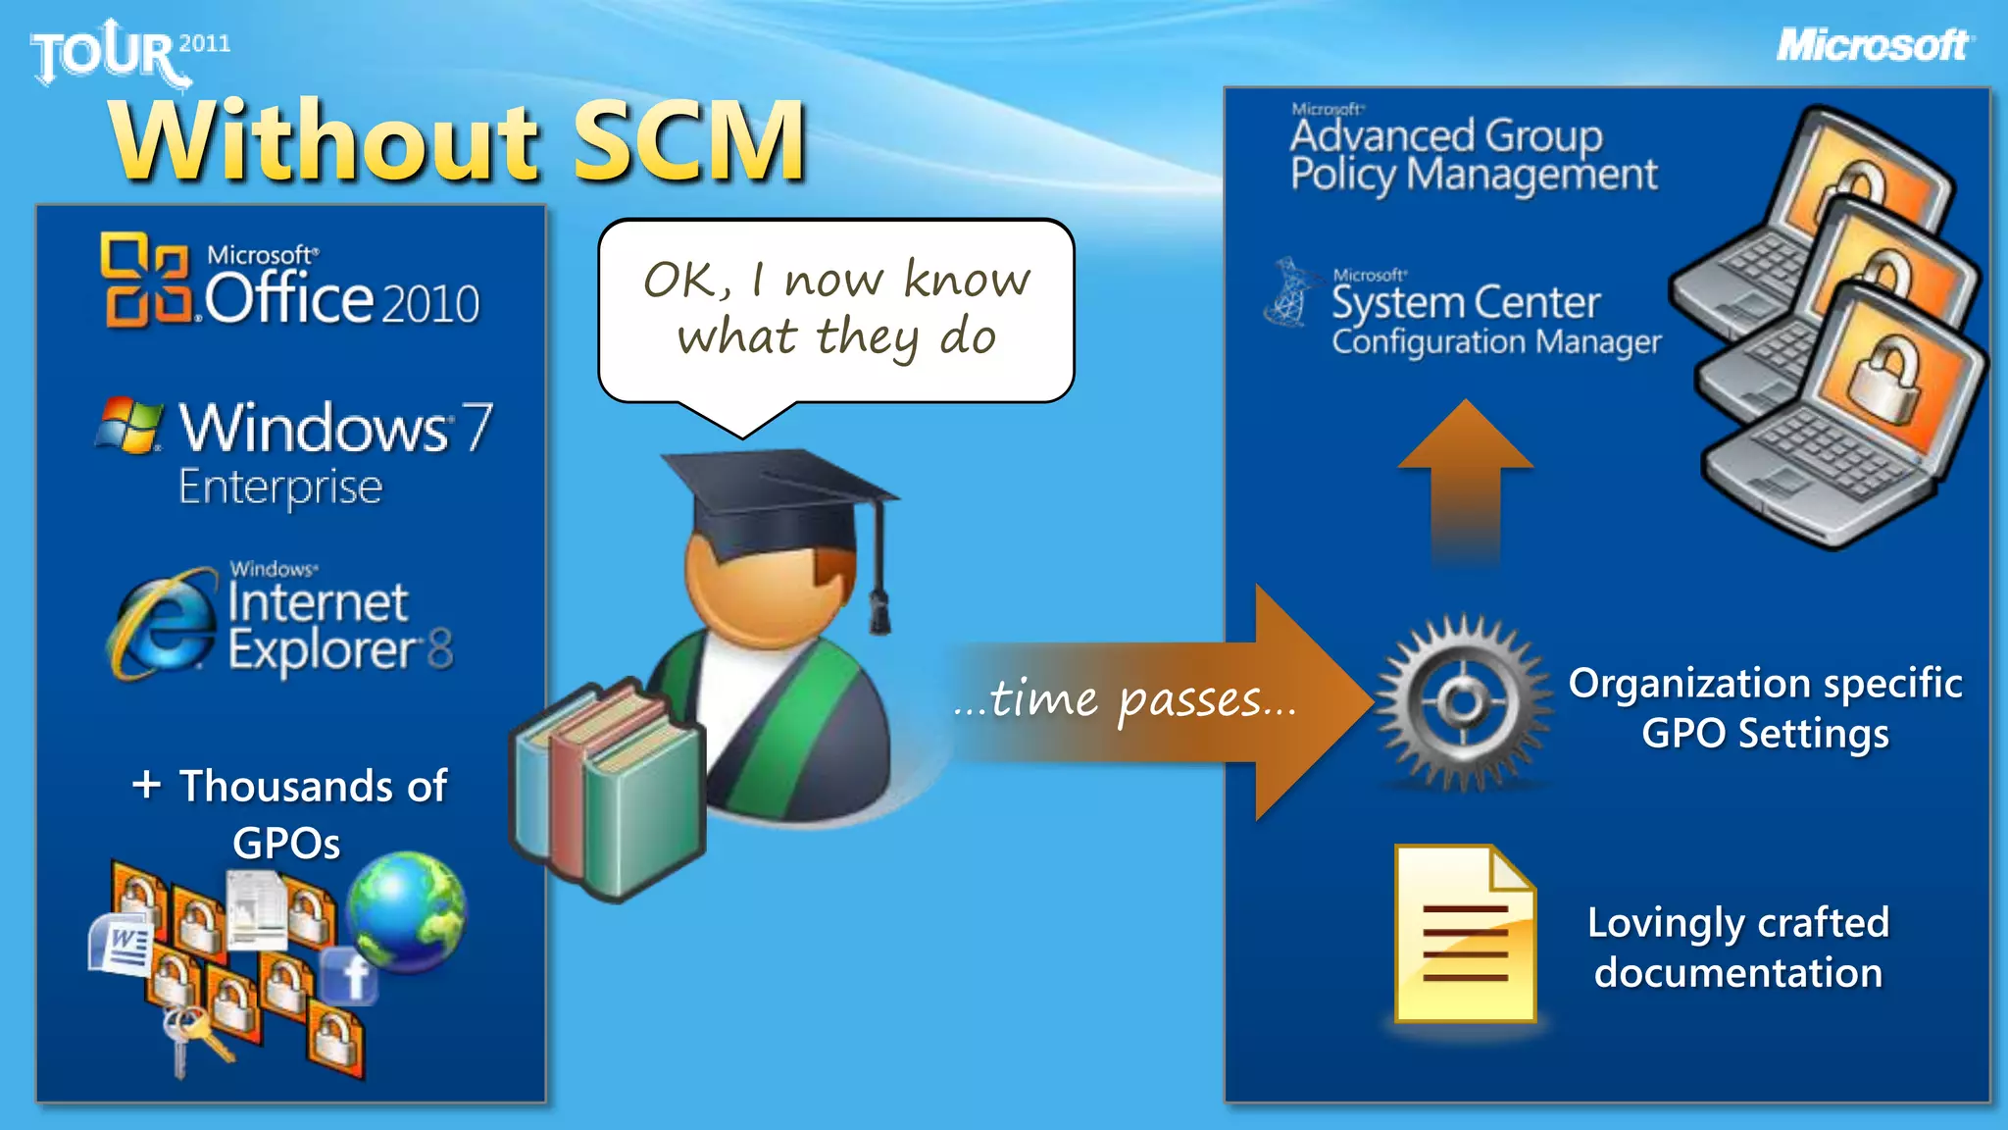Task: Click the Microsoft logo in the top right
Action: tap(1874, 45)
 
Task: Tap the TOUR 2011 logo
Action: tap(127, 53)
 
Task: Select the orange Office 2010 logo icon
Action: tap(144, 281)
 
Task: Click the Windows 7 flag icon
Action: tap(129, 425)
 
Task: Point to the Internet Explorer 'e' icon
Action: tap(163, 624)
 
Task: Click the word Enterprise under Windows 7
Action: tap(280, 488)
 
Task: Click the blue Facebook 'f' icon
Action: tap(350, 976)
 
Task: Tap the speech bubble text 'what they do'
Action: tap(836, 337)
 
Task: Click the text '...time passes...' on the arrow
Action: tap(1125, 700)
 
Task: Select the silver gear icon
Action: tap(1464, 702)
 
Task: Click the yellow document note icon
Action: tap(1465, 935)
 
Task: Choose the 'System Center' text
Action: tap(1465, 303)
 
